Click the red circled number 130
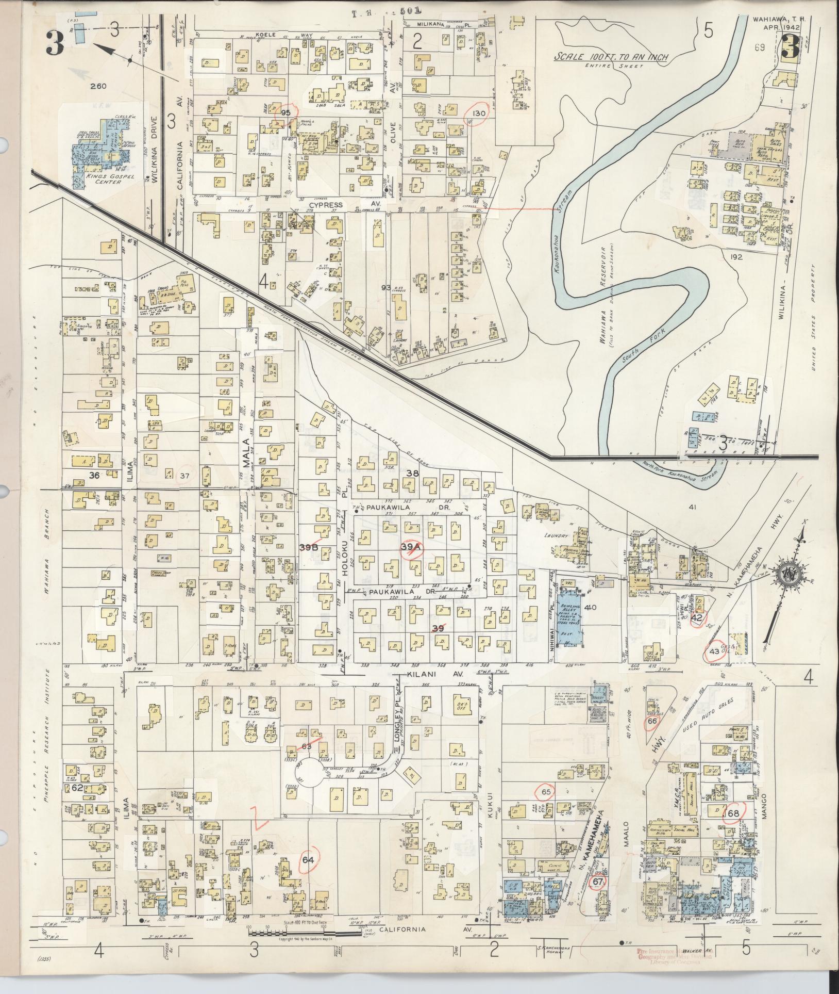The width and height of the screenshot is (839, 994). (x=476, y=114)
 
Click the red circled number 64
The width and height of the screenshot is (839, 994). (x=308, y=859)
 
